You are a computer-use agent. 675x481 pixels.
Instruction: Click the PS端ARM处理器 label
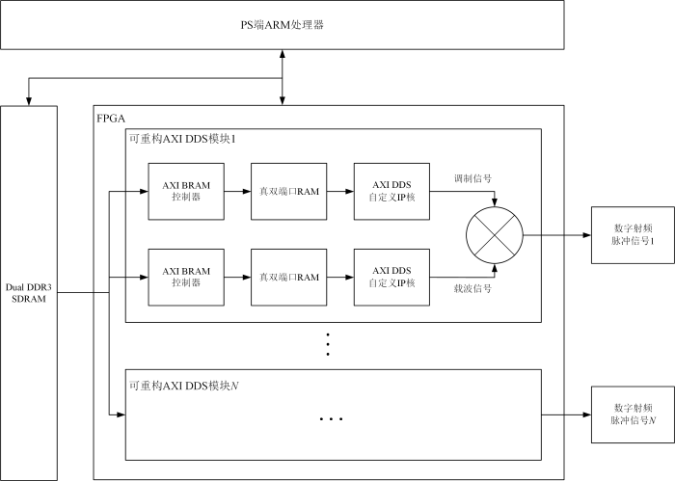[x=282, y=25]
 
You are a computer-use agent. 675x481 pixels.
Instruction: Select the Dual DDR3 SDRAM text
[x=28, y=293]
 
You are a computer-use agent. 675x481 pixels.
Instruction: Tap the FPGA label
[x=111, y=119]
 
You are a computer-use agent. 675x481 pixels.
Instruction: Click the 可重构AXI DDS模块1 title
[x=182, y=139]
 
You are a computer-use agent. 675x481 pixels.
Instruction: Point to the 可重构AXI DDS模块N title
[x=184, y=386]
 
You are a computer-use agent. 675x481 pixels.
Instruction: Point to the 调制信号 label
[x=472, y=178]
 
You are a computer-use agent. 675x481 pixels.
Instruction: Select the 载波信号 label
[x=472, y=288]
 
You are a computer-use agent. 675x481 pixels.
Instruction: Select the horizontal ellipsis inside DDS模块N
[x=331, y=418]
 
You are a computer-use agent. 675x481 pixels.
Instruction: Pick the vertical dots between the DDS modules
[x=328, y=344]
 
